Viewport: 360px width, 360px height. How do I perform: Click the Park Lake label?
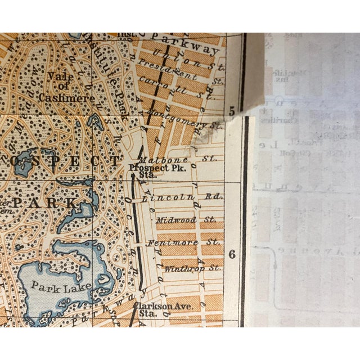click(x=54, y=286)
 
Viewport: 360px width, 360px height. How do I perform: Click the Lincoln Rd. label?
click(x=182, y=197)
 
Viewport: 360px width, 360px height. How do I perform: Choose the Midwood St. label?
click(x=186, y=220)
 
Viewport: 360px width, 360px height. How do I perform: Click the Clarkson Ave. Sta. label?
click(x=164, y=309)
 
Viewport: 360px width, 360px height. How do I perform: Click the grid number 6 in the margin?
click(x=232, y=254)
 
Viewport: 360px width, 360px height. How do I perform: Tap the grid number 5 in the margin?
click(x=233, y=112)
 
